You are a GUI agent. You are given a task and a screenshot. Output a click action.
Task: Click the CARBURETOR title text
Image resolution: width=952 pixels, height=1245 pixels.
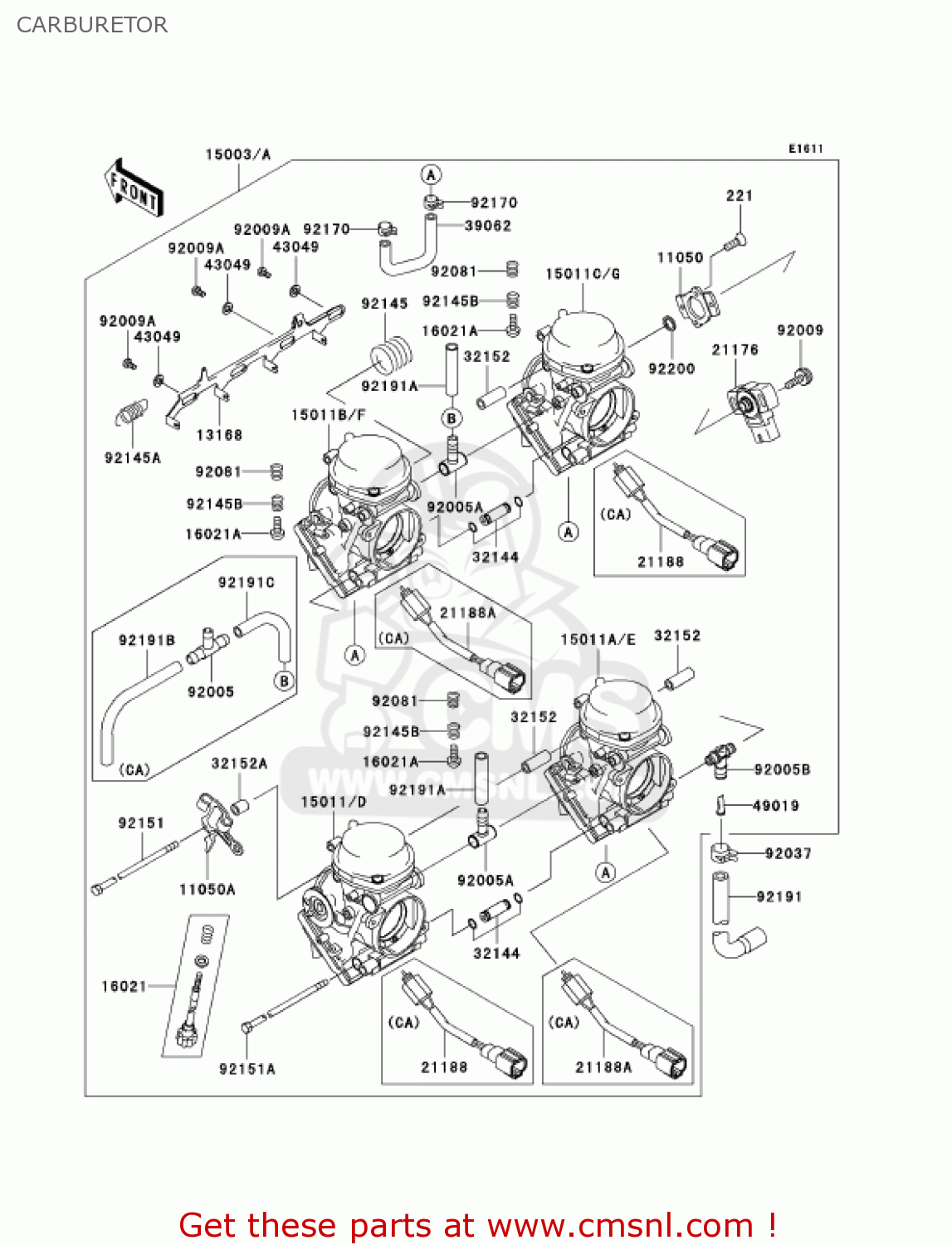pos(92,25)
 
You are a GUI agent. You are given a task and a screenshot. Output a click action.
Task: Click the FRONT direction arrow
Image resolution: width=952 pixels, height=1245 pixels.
pos(134,188)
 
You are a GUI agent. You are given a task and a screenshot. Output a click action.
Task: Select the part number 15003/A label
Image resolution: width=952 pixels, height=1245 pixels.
pos(237,154)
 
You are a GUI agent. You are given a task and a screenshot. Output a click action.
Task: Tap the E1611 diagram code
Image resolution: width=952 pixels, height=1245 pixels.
pos(805,149)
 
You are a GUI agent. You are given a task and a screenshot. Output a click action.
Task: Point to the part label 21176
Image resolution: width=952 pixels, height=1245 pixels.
pos(735,349)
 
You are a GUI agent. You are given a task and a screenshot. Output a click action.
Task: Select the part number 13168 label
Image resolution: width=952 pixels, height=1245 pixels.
pos(219,435)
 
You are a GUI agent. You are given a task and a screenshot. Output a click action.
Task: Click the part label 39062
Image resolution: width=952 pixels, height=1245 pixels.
pos(488,226)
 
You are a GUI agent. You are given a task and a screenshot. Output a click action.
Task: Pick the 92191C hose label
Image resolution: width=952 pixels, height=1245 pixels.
pos(246,583)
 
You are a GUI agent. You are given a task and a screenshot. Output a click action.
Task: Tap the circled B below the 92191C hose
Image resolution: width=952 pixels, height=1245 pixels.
pos(284,681)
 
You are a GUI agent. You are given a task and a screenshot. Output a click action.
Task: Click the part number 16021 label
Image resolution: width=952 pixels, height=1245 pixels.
pos(124,986)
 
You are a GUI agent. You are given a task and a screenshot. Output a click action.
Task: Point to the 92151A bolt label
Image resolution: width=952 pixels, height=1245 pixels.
pos(247,1069)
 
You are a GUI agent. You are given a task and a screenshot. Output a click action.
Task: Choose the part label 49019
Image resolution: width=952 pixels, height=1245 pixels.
pos(775,805)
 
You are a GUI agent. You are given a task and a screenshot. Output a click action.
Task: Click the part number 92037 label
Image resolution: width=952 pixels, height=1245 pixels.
pos(788,853)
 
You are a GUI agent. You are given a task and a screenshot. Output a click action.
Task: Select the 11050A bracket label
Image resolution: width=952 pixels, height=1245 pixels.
pos(207,889)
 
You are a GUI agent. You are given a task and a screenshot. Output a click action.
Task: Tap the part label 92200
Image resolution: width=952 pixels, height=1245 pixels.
pos(671,369)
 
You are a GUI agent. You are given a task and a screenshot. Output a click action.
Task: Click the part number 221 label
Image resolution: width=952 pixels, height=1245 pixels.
pos(739,196)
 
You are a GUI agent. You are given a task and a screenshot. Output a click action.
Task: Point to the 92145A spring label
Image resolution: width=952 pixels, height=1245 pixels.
pos(133,458)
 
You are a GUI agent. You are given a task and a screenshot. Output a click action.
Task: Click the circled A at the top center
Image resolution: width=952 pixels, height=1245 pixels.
pos(430,175)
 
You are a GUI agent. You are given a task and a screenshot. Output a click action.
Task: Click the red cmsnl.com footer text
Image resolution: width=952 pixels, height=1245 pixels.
pos(477,1225)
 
